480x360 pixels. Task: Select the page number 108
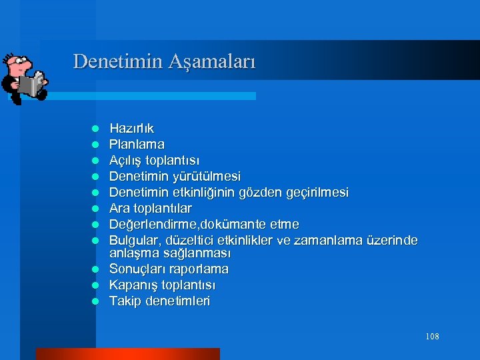(432, 337)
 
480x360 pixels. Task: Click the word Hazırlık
(131, 128)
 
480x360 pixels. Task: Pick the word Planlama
(137, 144)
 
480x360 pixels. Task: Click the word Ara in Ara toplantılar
(119, 208)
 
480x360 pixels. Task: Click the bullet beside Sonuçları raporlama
(95, 270)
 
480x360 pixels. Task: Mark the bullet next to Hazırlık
(95, 129)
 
